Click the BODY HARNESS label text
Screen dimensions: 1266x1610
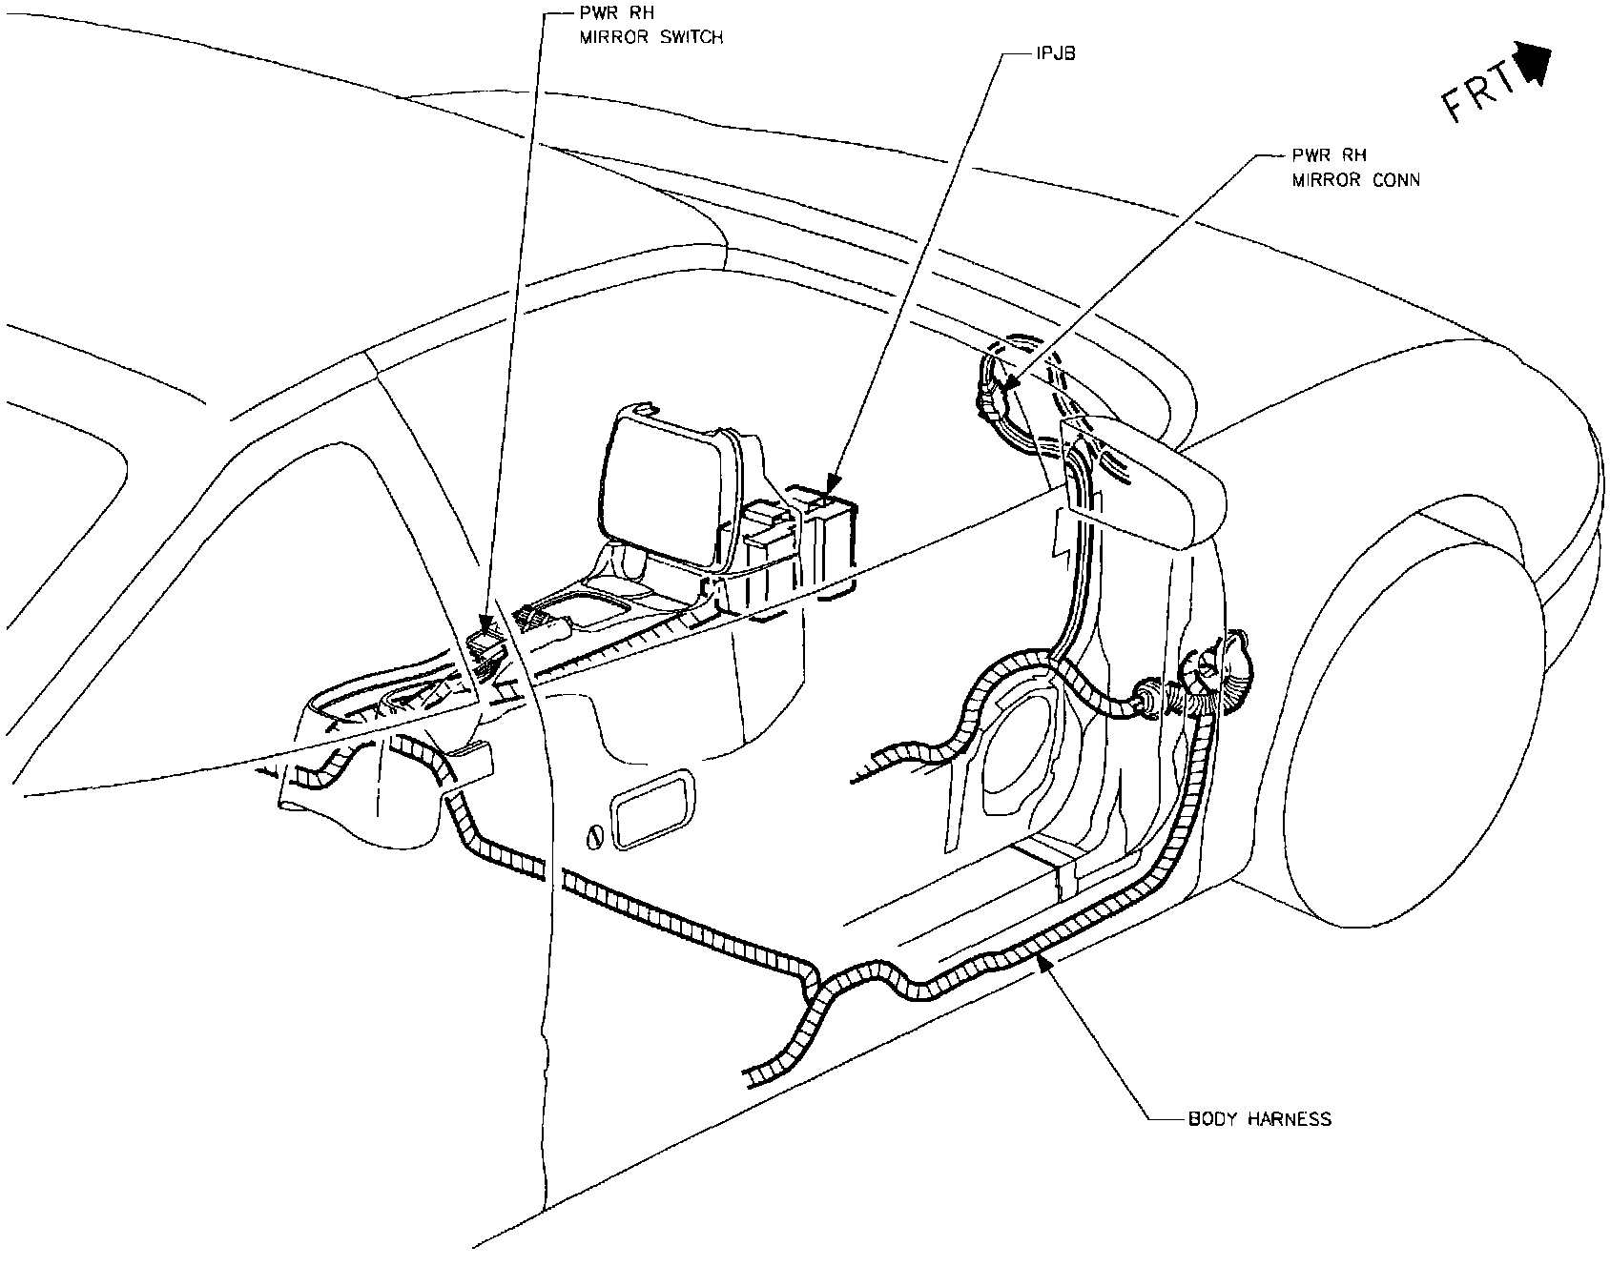click(x=1259, y=1118)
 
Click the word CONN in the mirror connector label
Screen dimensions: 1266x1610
click(x=1394, y=180)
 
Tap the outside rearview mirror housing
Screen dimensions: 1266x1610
click(x=1145, y=481)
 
